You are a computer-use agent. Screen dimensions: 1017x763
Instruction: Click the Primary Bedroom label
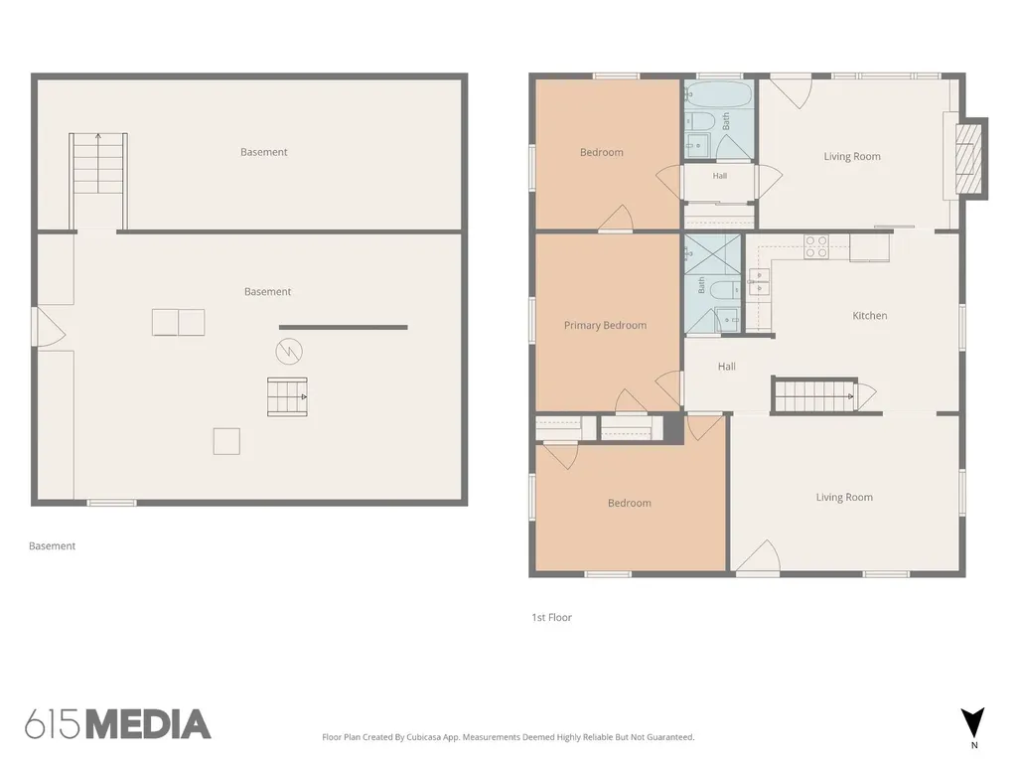pyautogui.click(x=605, y=325)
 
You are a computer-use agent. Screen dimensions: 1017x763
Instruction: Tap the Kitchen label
pyautogui.click(x=869, y=315)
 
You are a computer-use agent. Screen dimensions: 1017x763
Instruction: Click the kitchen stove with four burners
pyautogui.click(x=816, y=247)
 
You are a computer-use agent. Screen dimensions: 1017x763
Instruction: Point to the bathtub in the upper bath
pyautogui.click(x=719, y=95)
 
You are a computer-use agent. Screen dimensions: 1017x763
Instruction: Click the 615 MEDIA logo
pyautogui.click(x=118, y=724)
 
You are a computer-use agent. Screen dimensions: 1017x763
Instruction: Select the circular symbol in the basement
pyautogui.click(x=289, y=352)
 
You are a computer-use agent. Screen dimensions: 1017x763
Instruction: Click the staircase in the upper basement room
pyautogui.click(x=98, y=164)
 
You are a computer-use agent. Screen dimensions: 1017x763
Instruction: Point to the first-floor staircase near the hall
pyautogui.click(x=814, y=395)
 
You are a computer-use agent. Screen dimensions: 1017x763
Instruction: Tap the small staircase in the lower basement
pyautogui.click(x=287, y=396)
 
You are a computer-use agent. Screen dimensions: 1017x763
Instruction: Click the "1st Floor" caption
pyautogui.click(x=551, y=617)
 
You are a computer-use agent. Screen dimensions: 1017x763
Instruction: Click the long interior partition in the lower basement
pyautogui.click(x=343, y=327)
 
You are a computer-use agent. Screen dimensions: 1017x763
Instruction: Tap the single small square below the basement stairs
pyautogui.click(x=226, y=441)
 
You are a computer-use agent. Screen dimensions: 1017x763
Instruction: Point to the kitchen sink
pyautogui.click(x=759, y=283)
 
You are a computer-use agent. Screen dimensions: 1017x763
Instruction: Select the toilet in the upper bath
pyautogui.click(x=699, y=121)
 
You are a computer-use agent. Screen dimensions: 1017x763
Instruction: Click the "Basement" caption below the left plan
pyautogui.click(x=52, y=545)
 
